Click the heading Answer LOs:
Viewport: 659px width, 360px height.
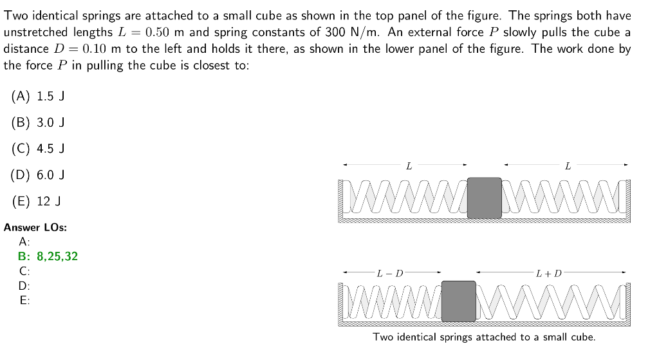[x=35, y=227]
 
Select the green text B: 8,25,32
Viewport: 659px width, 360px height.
[x=48, y=256]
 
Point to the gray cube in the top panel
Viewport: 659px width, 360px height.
[x=484, y=196]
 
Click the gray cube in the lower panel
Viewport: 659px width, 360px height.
[x=458, y=300]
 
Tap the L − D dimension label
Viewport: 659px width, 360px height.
[x=390, y=272]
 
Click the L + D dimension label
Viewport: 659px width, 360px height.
[x=548, y=272]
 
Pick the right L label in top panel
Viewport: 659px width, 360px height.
[x=566, y=166]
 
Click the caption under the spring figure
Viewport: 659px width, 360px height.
[x=484, y=337]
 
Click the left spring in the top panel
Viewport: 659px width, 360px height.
[x=405, y=196]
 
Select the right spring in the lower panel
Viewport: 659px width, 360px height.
[x=550, y=300]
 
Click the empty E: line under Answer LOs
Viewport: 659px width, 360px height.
[x=24, y=299]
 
